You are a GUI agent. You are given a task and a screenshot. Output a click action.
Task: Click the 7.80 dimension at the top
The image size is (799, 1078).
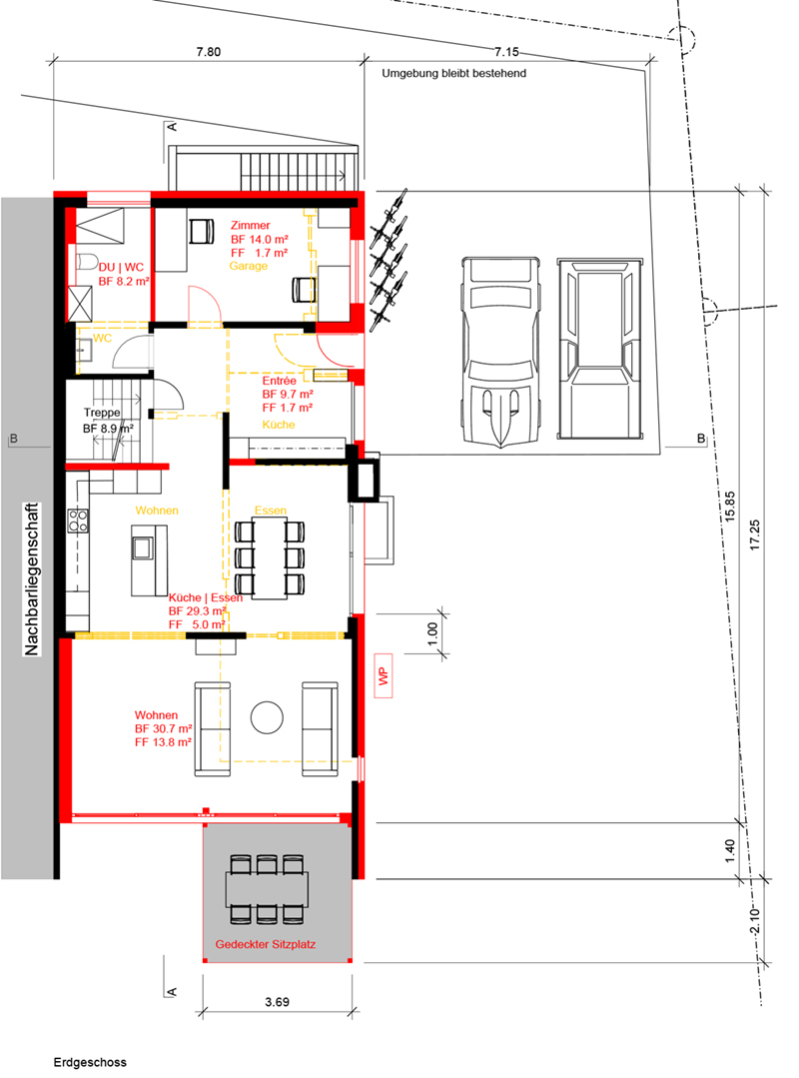point(208,52)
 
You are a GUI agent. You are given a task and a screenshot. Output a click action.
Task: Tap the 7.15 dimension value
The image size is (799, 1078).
point(506,52)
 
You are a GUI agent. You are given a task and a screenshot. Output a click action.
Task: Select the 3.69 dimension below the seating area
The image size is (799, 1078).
point(277,1002)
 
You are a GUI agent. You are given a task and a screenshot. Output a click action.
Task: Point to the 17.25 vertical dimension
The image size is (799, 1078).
point(755,535)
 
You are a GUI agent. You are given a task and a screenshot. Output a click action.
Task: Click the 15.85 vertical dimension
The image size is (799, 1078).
point(730,507)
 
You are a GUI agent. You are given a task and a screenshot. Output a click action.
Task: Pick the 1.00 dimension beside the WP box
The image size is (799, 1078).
point(432,632)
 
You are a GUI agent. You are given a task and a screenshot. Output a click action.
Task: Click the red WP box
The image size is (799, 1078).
point(384,675)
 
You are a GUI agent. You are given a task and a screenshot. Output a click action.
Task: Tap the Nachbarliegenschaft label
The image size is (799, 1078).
point(32,578)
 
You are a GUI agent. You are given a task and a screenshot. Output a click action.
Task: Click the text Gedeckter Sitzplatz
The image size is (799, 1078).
point(266,944)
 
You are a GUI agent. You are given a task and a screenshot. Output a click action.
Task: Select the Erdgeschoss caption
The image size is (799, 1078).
point(90,1062)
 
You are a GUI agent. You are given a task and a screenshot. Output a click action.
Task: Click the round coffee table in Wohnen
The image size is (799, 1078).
point(267,717)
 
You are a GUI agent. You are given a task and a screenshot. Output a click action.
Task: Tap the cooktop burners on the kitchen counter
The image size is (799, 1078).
point(78,520)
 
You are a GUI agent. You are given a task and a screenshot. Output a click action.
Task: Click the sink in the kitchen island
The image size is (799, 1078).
point(143,547)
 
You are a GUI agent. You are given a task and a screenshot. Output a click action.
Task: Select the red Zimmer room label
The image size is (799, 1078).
point(250,225)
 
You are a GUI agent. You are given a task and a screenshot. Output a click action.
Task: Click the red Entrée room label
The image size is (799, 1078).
point(279,381)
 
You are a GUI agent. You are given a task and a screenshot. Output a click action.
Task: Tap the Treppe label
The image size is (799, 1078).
point(102,413)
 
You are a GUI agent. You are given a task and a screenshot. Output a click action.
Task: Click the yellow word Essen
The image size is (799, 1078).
point(271,511)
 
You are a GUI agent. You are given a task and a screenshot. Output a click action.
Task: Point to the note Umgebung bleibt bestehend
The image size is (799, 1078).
point(454,73)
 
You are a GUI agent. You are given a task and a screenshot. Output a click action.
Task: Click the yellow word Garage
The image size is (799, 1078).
point(248,266)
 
